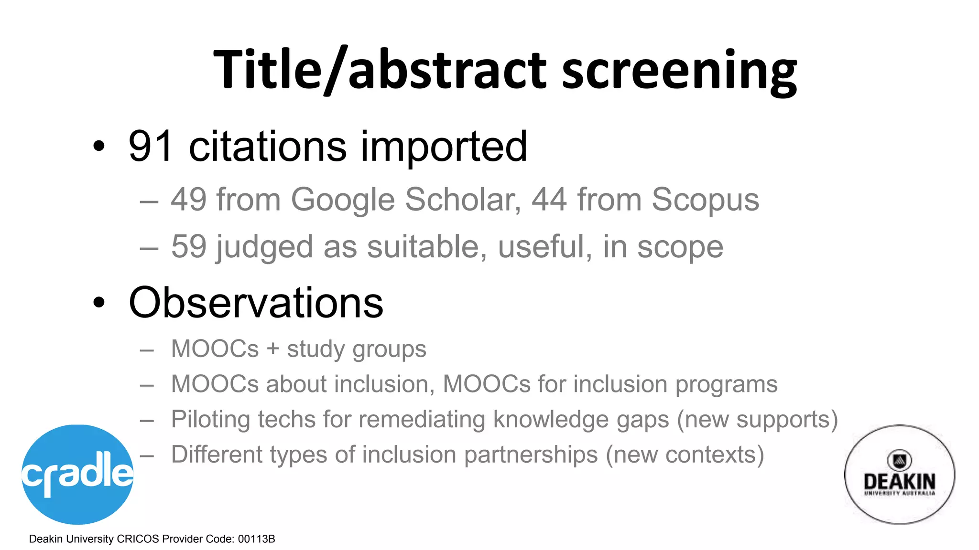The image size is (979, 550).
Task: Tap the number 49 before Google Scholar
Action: (x=189, y=199)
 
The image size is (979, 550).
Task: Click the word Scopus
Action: (x=705, y=200)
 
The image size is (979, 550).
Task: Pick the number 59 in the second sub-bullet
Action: (x=189, y=246)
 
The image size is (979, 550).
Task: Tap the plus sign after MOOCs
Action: (x=273, y=349)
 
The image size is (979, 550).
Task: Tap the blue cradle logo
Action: (x=77, y=474)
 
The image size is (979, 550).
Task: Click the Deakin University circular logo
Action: (x=899, y=475)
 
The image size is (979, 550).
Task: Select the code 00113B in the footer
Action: (x=256, y=539)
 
